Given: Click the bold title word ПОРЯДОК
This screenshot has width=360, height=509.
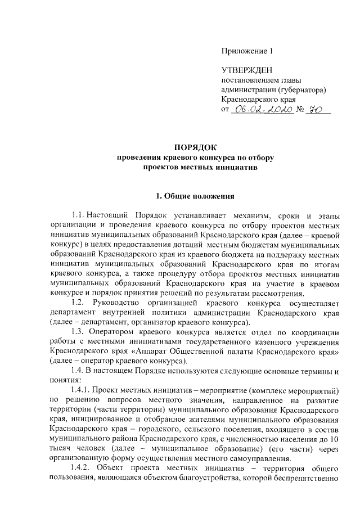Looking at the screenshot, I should coord(195,148).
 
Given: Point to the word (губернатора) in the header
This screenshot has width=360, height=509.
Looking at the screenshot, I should coord(299,89).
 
